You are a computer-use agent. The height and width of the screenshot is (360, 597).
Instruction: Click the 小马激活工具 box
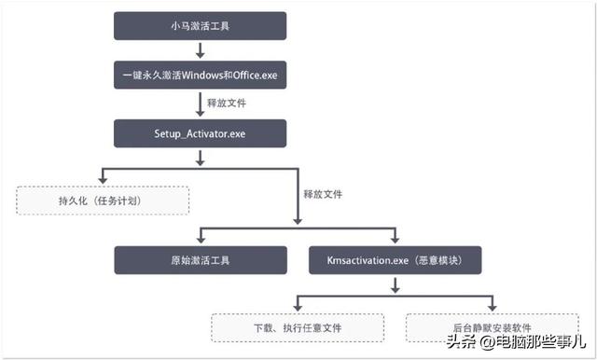pyautogui.click(x=200, y=26)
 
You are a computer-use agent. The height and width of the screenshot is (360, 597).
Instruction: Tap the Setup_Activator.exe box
pyautogui.click(x=200, y=132)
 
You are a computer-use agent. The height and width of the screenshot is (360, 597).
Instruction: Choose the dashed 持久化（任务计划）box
pyautogui.click(x=103, y=200)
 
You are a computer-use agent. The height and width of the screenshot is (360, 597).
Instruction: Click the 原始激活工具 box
pyautogui.click(x=200, y=260)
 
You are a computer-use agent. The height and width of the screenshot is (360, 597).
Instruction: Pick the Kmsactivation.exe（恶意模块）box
pyautogui.click(x=396, y=260)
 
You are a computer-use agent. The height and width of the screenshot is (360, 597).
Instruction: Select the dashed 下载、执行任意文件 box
pyautogui.click(x=298, y=328)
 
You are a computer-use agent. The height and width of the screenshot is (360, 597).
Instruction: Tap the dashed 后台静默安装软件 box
pyautogui.click(x=493, y=328)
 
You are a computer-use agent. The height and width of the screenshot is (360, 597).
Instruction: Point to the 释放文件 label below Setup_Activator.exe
pyautogui.click(x=323, y=194)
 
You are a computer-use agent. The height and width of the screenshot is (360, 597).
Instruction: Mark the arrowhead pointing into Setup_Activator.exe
pyautogui.click(x=200, y=114)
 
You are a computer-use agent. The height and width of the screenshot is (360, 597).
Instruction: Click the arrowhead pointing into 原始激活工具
pyautogui.click(x=200, y=242)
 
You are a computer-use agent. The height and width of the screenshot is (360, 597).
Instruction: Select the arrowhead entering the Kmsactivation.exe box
pyautogui.click(x=396, y=242)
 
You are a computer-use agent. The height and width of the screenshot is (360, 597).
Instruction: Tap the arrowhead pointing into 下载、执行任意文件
pyautogui.click(x=298, y=308)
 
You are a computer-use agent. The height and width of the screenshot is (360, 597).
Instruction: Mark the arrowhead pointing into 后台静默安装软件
pyautogui.click(x=493, y=308)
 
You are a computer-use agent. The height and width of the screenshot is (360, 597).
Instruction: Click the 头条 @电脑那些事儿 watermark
pyautogui.click(x=513, y=341)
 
